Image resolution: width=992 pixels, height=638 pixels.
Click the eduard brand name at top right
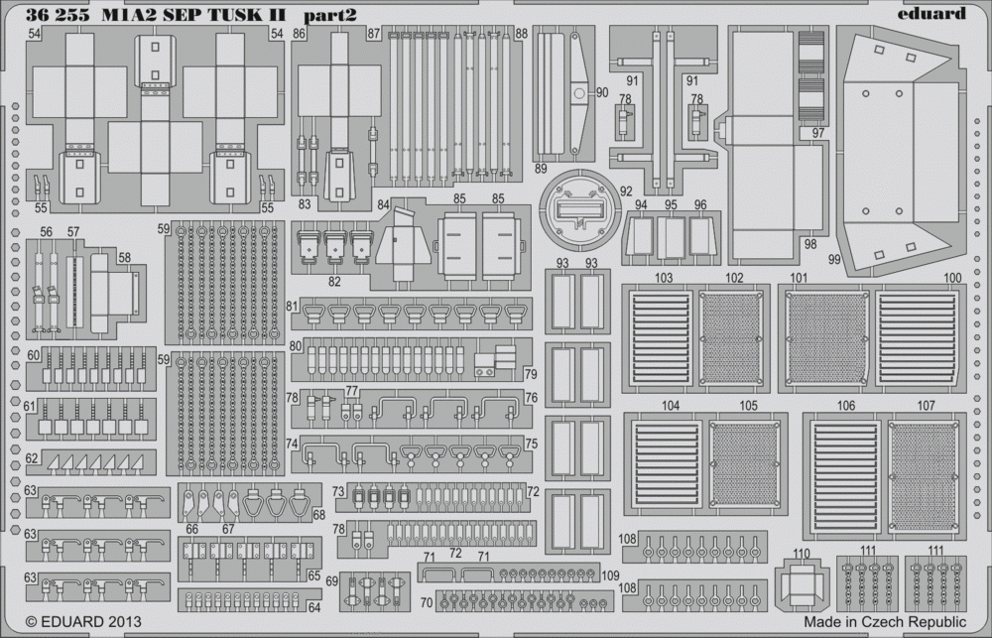(x=931, y=13)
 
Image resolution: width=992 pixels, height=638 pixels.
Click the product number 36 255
(x=54, y=15)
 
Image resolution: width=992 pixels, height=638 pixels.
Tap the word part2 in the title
(x=329, y=15)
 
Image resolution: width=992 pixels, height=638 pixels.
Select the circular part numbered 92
(x=580, y=209)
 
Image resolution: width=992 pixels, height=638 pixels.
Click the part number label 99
(x=834, y=259)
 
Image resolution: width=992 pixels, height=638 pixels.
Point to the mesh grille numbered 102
(x=731, y=338)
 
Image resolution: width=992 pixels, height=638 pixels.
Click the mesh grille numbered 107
(x=923, y=476)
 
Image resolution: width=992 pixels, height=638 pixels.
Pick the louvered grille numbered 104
(x=667, y=463)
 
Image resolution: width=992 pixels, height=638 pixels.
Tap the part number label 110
(x=801, y=554)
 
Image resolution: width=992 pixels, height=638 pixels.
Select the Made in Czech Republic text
(x=885, y=621)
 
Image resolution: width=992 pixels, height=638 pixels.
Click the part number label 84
(x=383, y=205)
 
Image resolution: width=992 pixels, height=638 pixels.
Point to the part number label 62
(x=32, y=458)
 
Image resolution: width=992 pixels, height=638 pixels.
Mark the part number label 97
(x=818, y=133)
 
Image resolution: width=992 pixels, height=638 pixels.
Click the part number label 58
(x=124, y=258)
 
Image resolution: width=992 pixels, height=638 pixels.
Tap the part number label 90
(x=602, y=92)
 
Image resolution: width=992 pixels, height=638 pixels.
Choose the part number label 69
(x=332, y=581)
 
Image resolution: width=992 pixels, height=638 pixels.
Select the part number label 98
(x=810, y=244)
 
